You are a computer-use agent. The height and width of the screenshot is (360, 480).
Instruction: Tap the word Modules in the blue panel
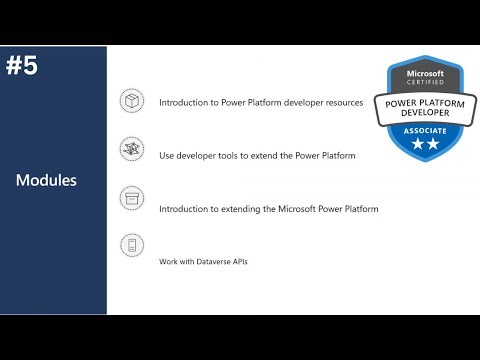46,181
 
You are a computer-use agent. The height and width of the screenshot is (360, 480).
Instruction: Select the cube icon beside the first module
131,101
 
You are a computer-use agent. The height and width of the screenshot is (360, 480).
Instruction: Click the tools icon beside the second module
131,148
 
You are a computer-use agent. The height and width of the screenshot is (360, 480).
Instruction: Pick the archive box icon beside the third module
131,197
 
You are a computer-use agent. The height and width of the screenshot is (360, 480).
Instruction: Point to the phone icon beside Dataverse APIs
131,245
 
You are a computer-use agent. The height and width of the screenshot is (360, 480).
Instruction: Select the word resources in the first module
343,102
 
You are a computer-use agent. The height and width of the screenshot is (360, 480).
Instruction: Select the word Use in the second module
167,156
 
